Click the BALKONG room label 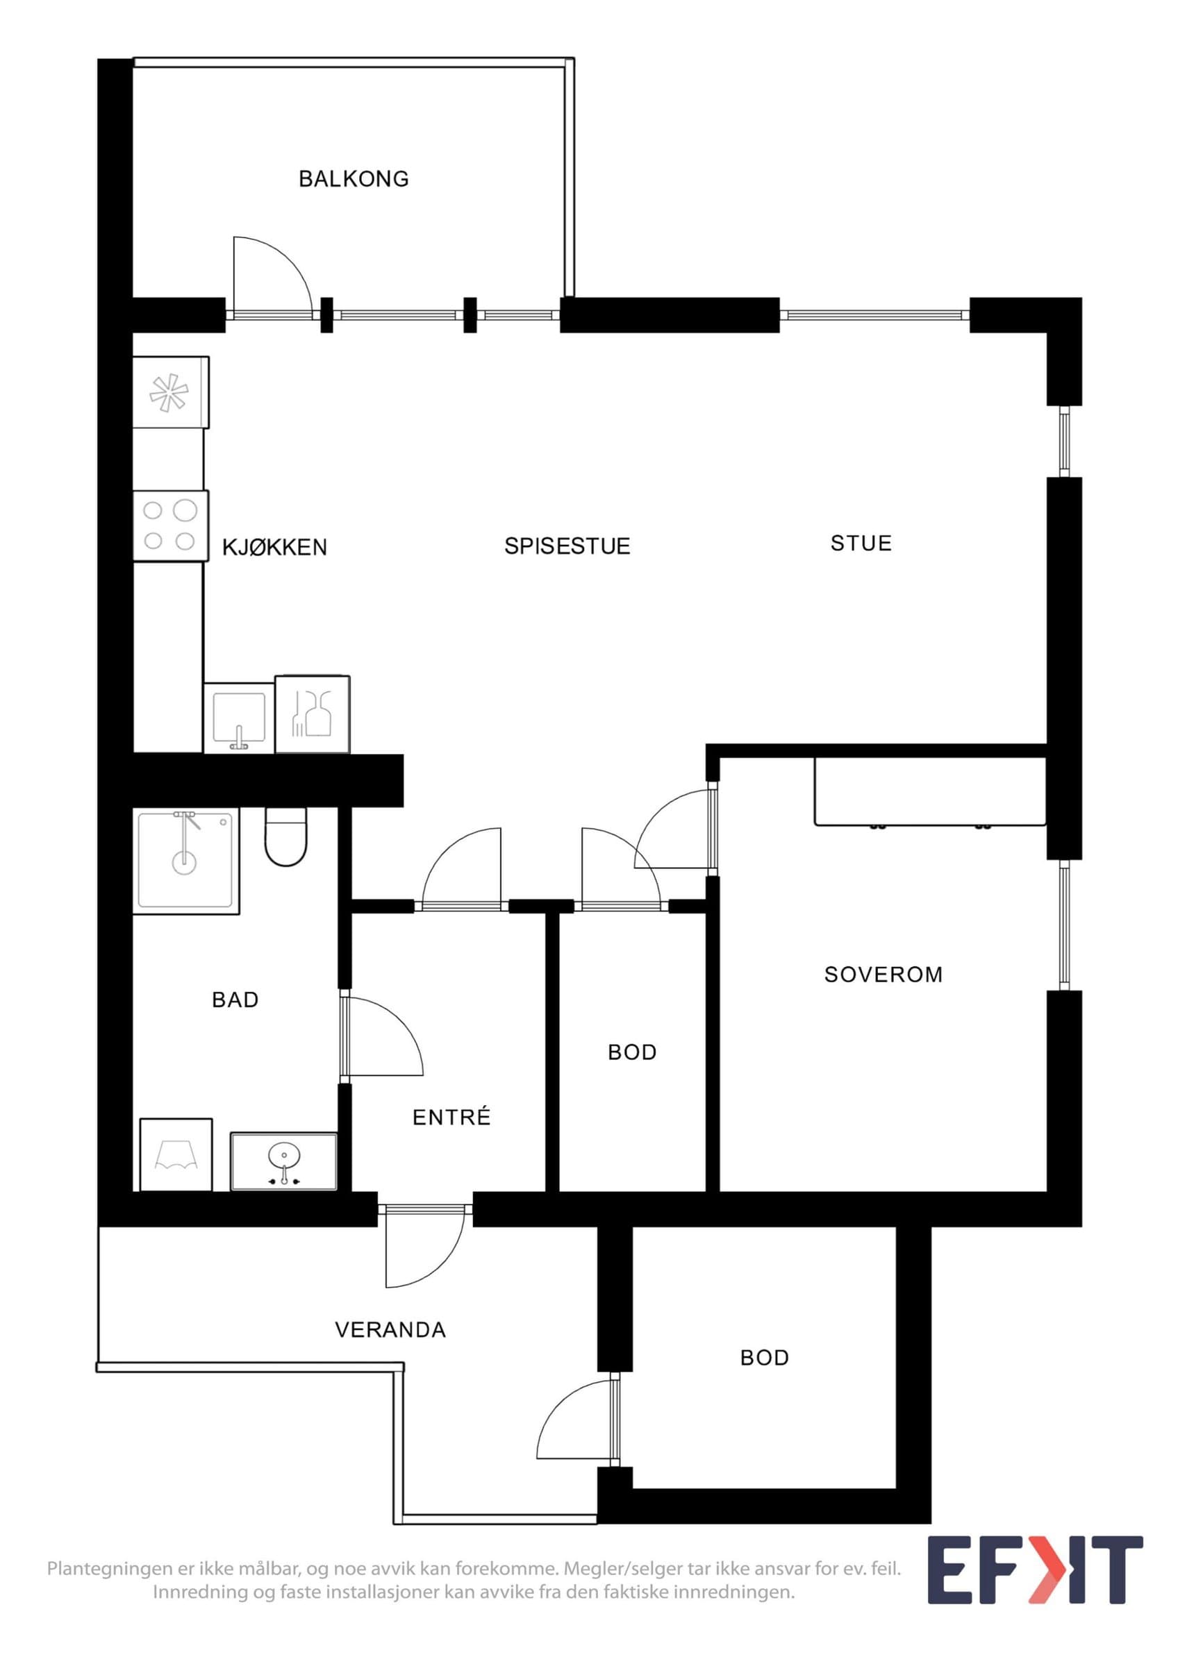click(x=354, y=178)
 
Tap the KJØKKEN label click(x=274, y=547)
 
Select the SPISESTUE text click(x=567, y=546)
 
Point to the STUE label click(x=861, y=543)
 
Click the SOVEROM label click(x=883, y=974)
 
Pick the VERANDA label click(x=390, y=1329)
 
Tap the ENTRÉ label click(x=451, y=1117)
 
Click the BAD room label click(x=235, y=999)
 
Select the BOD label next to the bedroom click(x=632, y=1052)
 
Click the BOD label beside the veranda click(x=764, y=1358)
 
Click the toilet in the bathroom click(x=286, y=836)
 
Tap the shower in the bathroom click(x=186, y=861)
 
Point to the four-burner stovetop click(x=171, y=525)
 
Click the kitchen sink click(x=239, y=718)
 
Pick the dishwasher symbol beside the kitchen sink click(x=313, y=714)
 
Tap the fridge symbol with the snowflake click(x=171, y=392)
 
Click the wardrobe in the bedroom click(x=930, y=791)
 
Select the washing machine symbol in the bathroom click(x=176, y=1154)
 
